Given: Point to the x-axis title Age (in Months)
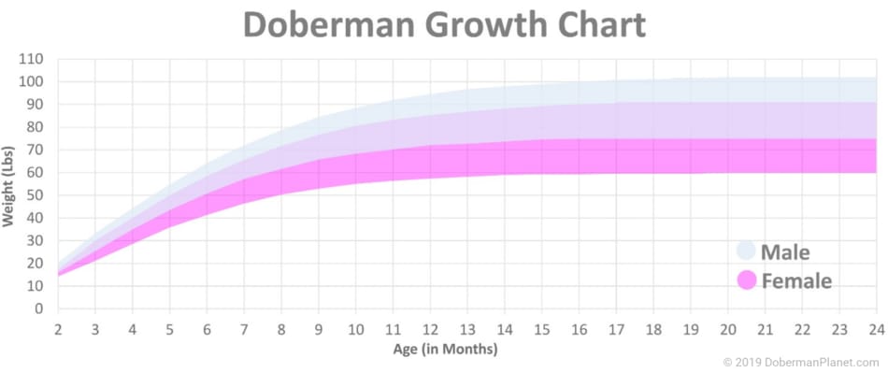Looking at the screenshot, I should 445,349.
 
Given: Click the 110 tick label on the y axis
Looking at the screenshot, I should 32,59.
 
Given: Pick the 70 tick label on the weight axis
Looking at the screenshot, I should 36,150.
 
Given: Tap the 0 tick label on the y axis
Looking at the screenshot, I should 39,308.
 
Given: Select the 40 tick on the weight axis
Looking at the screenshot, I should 36,218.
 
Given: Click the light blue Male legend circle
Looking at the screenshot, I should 746,251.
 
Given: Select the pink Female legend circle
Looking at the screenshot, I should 746,280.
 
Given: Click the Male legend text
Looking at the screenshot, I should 785,251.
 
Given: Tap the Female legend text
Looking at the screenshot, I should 795,280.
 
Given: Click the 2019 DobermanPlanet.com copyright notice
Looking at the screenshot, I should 801,361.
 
